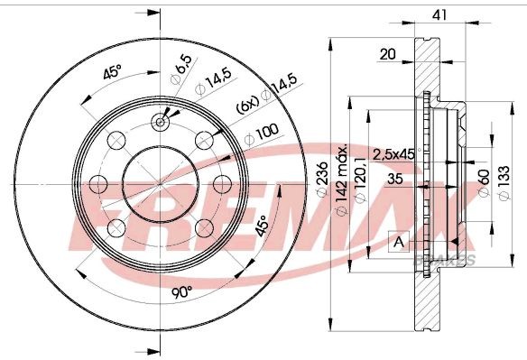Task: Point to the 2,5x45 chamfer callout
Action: pyautogui.click(x=393, y=154)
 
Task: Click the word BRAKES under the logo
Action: pyautogui.click(x=454, y=260)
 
